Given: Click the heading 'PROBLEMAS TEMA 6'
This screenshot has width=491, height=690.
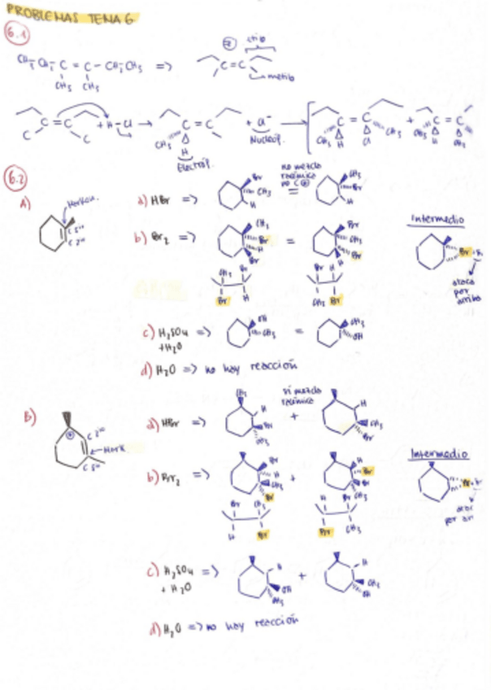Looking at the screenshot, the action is pos(68,17).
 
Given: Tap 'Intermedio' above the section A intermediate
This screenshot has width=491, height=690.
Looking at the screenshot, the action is pos(438,218).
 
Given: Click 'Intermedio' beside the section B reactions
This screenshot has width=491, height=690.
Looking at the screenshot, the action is pos(439,452).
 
